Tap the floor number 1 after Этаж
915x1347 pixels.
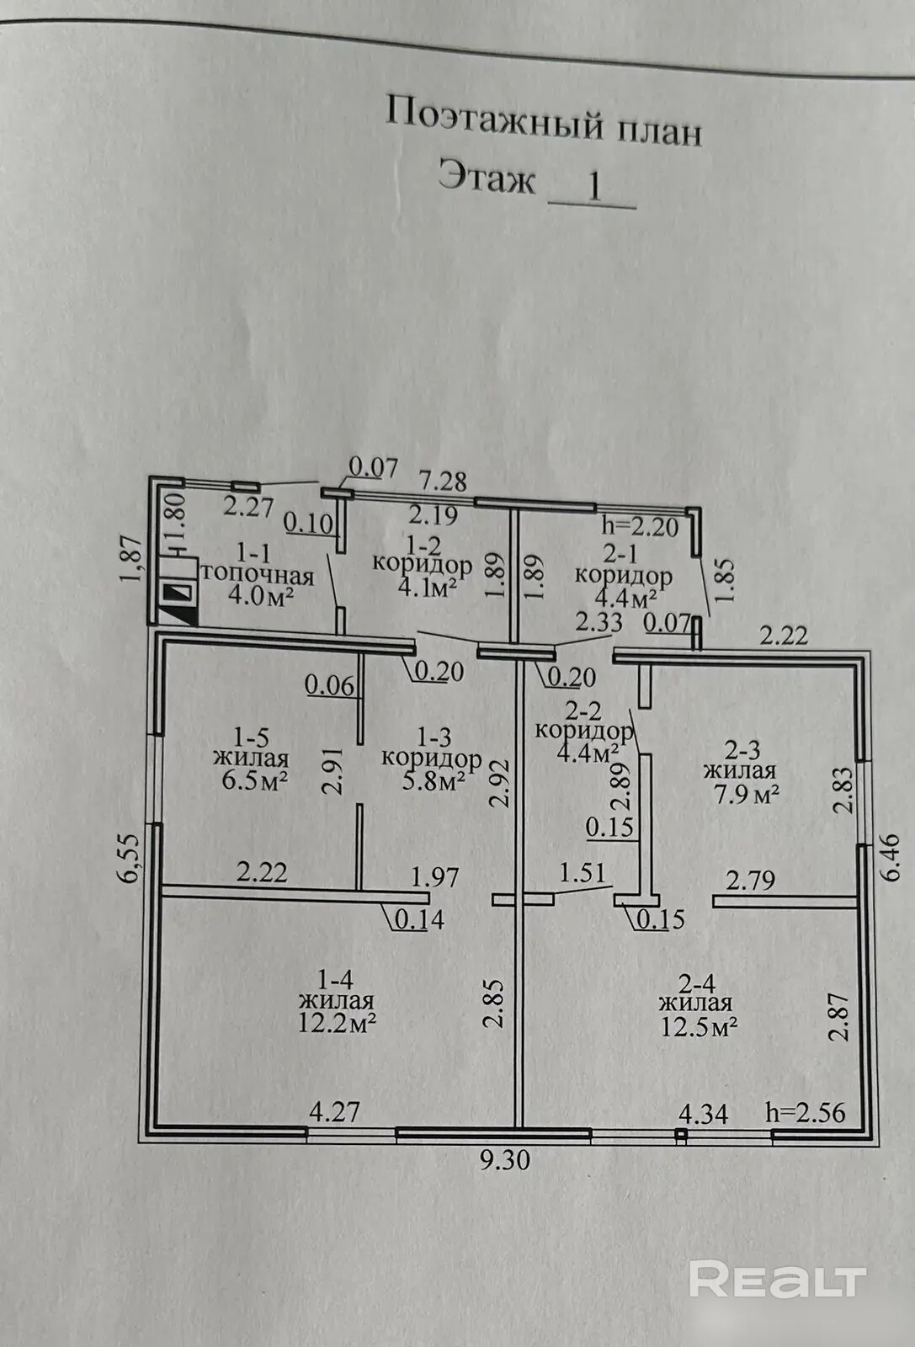pyautogui.click(x=593, y=185)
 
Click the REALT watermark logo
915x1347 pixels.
pyautogui.click(x=777, y=1280)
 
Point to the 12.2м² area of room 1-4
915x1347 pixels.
pyautogui.click(x=337, y=1024)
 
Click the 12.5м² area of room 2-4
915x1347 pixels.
pyautogui.click(x=699, y=1026)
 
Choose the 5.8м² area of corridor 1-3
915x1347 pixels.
pyautogui.click(x=432, y=780)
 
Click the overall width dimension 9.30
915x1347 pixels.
pyautogui.click(x=505, y=1160)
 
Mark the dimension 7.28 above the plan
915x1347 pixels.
pyautogui.click(x=443, y=481)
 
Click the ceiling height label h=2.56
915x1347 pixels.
pyautogui.click(x=806, y=1111)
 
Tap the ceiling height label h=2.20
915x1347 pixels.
pyautogui.click(x=640, y=527)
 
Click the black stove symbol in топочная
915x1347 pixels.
pyautogui.click(x=178, y=594)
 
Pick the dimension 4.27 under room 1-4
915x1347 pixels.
pyautogui.click(x=335, y=1111)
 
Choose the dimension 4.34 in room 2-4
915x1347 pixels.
pyautogui.click(x=703, y=1114)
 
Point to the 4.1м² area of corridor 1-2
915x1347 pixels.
pyautogui.click(x=423, y=586)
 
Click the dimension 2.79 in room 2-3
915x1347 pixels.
pyautogui.click(x=750, y=881)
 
